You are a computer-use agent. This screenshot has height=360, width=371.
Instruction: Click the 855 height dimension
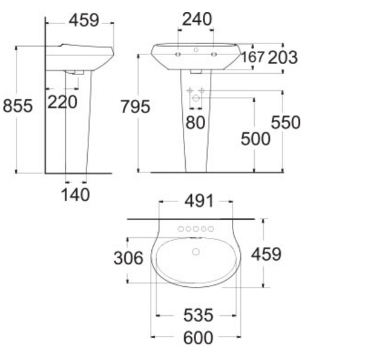point(18,106)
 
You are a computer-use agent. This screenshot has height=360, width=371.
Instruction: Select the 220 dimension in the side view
point(62,102)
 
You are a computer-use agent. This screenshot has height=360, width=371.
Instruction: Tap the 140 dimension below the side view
point(75,194)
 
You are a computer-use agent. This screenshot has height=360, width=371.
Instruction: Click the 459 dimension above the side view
point(84,21)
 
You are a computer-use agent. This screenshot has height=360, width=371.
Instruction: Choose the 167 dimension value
point(253,57)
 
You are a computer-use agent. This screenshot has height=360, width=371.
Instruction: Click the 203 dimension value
point(283,57)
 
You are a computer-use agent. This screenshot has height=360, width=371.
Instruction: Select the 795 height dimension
point(136,107)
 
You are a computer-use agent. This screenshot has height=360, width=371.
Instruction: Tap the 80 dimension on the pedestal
point(195,123)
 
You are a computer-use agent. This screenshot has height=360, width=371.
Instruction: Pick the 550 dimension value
point(286,123)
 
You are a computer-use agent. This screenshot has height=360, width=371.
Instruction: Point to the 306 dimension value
point(128,258)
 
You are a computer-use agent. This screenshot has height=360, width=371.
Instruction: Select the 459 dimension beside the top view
point(267,254)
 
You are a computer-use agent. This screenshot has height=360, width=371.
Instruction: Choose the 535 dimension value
point(198,315)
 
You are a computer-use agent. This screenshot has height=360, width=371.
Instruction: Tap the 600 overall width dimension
point(198,337)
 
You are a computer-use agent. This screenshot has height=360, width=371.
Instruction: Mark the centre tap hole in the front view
point(195,48)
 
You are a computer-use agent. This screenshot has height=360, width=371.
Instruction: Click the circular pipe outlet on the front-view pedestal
point(195,97)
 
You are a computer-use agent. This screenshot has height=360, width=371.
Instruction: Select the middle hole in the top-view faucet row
point(195,229)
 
